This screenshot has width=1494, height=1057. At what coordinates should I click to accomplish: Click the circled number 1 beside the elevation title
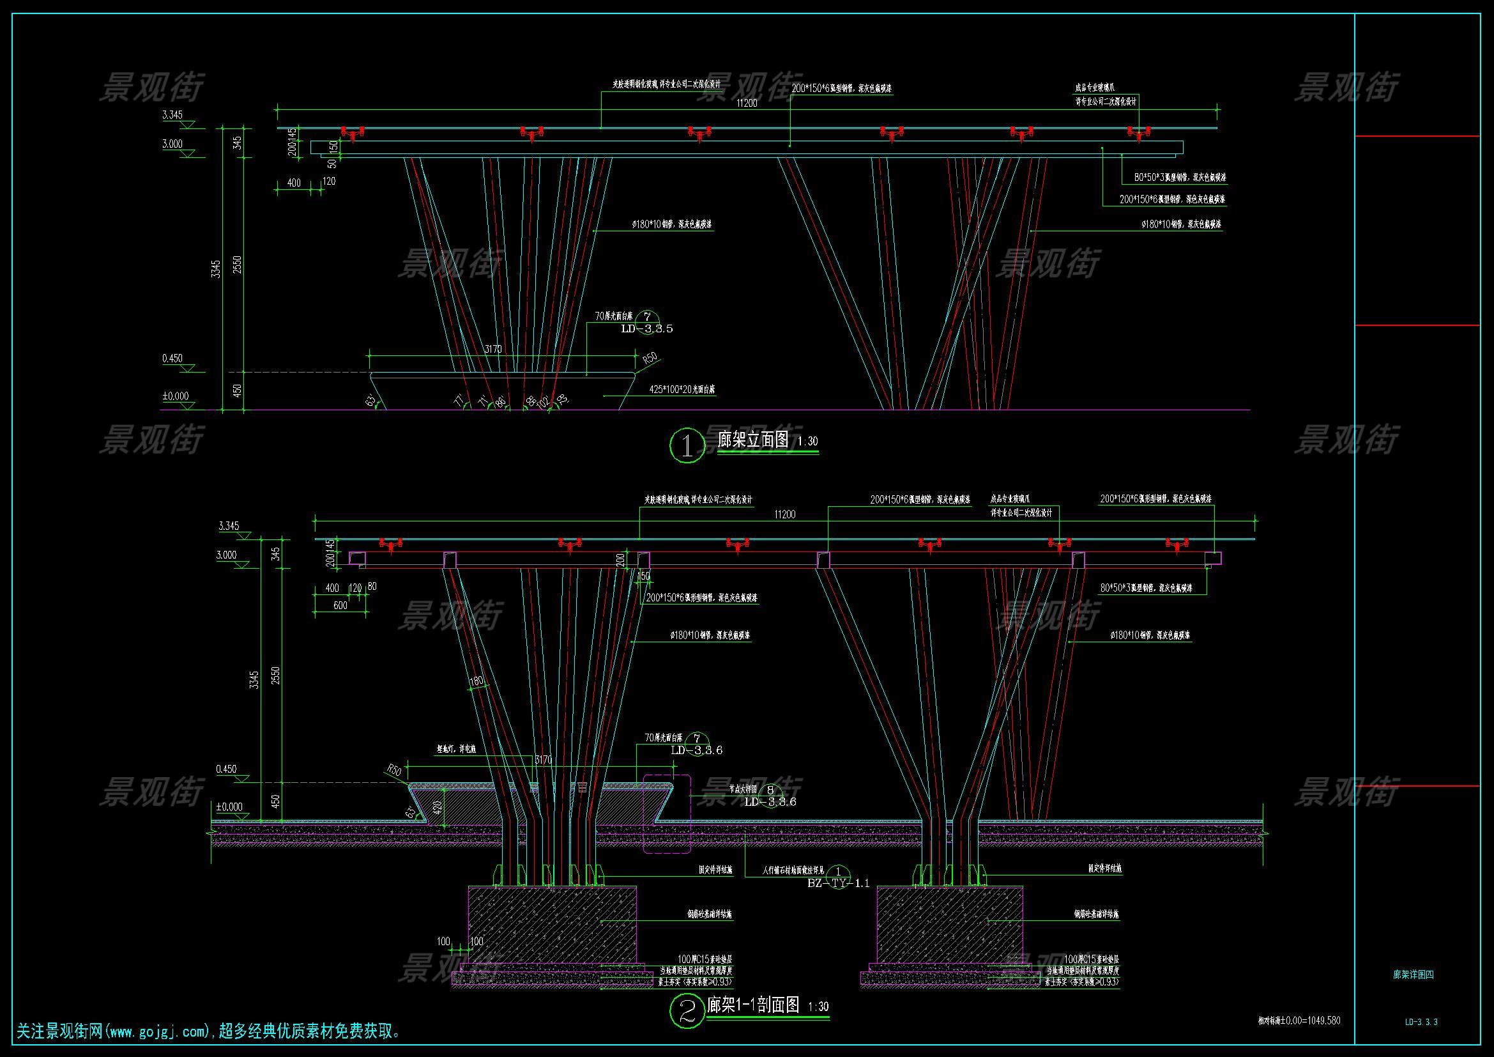(x=687, y=445)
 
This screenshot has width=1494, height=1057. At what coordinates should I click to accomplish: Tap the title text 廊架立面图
(x=753, y=439)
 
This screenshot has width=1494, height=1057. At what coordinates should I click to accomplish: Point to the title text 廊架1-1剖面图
(x=753, y=1005)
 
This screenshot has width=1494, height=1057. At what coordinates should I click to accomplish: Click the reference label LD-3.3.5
(x=647, y=329)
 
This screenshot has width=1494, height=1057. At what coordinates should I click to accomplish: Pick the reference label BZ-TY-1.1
(x=838, y=883)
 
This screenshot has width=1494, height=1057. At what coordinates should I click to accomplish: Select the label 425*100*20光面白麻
(x=682, y=390)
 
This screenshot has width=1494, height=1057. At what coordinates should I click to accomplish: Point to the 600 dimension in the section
(x=340, y=605)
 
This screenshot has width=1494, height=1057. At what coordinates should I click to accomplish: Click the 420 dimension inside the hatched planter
(x=438, y=806)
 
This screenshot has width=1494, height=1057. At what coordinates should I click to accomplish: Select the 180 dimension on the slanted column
(x=477, y=681)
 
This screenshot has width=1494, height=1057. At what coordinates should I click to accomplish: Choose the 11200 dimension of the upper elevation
(x=747, y=104)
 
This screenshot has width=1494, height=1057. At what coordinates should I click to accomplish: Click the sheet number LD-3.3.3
(x=1421, y=1022)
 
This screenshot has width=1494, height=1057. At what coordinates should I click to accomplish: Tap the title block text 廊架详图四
(x=1414, y=975)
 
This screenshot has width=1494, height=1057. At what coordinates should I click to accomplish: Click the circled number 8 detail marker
(x=770, y=790)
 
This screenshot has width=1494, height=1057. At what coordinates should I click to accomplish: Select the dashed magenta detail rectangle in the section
(x=667, y=814)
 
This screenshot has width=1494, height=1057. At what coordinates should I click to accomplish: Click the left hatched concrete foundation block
(x=552, y=924)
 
